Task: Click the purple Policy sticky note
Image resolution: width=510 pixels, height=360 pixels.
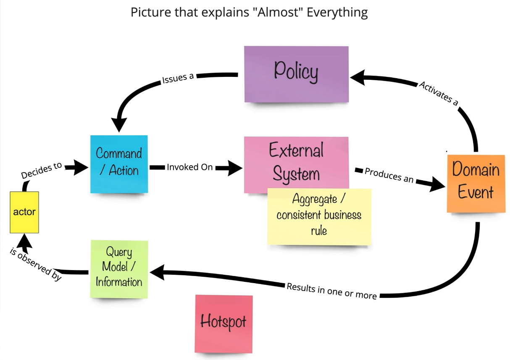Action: (296, 74)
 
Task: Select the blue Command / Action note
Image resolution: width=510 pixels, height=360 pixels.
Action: (119, 164)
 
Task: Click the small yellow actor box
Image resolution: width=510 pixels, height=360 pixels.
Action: (24, 212)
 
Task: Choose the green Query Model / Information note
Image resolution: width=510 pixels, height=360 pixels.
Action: (119, 269)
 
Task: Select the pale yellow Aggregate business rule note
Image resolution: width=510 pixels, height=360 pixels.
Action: (319, 216)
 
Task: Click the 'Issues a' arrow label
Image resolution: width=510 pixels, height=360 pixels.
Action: (177, 79)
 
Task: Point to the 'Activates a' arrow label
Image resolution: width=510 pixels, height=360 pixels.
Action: (439, 93)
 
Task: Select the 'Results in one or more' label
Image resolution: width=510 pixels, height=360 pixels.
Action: (331, 291)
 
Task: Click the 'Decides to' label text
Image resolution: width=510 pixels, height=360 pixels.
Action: (41, 170)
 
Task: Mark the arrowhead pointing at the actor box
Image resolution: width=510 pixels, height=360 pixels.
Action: (24, 241)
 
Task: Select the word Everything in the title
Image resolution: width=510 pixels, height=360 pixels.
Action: (337, 12)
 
